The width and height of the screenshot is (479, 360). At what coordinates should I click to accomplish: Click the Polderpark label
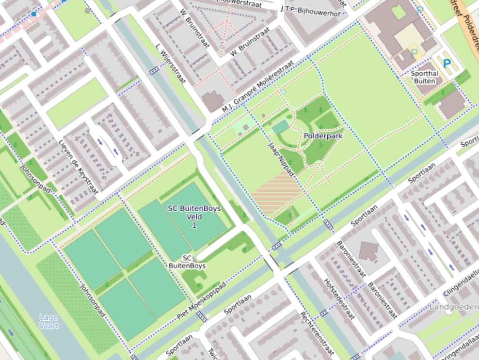(323, 136)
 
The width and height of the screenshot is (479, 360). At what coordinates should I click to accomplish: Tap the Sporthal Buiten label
(424, 77)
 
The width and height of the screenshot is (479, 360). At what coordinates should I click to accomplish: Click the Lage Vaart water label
(48, 321)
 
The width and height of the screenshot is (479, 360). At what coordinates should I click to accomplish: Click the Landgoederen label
(454, 307)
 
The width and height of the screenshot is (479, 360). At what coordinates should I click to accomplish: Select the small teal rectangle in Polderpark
(280, 128)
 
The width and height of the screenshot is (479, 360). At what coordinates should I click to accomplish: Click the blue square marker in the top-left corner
(33, 14)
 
